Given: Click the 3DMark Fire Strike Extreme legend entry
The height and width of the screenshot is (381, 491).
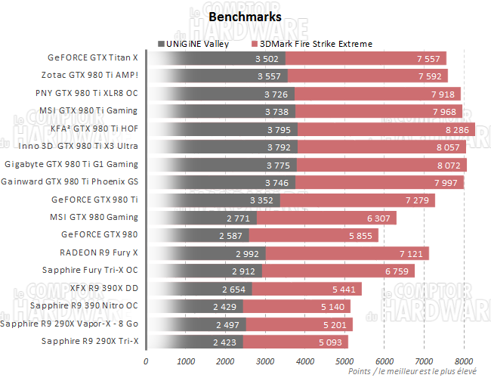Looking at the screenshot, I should pos(315,44).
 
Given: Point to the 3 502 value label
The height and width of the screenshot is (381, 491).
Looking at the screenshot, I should pos(268,58).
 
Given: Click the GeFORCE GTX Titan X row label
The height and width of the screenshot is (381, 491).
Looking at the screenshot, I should pos(93,57).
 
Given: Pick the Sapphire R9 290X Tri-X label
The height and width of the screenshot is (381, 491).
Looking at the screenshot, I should pos(93,341).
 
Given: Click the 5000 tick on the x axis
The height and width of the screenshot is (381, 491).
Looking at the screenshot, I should pos(344,361).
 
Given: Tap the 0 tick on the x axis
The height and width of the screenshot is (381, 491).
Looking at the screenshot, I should pos(146,361).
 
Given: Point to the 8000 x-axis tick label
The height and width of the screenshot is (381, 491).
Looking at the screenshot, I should pos(464,361).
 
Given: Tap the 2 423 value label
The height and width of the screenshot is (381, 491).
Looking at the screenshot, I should pos(226,342).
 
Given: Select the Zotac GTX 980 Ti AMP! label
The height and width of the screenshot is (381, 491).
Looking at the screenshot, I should pos(90,75).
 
